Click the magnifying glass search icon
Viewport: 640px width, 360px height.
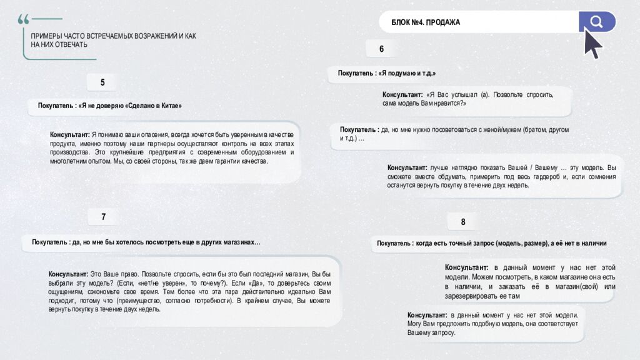tap(596, 22)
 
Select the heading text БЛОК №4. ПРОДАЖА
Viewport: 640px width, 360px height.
tap(426, 22)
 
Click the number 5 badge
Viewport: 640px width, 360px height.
tap(102, 82)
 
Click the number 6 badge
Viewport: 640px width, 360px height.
tap(382, 49)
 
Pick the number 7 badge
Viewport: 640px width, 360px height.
tap(104, 217)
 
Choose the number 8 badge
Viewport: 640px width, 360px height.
tap(463, 222)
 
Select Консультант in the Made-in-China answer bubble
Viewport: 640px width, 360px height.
tap(70, 134)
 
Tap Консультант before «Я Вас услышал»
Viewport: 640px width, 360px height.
tap(402, 94)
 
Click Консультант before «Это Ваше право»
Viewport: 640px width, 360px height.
tap(68, 274)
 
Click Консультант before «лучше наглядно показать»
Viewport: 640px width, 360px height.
tap(407, 167)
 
